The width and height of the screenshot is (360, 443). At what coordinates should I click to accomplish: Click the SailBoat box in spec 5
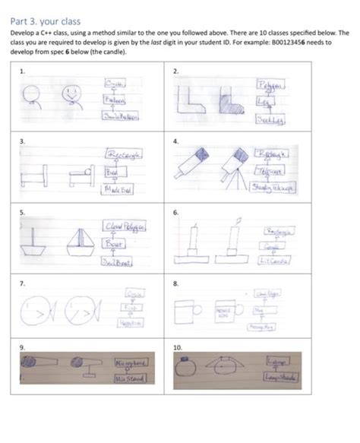coord(118,262)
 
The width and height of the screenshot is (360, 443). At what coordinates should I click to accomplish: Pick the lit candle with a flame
coord(238,242)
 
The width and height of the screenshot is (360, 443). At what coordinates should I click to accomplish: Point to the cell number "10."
coord(178,346)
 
